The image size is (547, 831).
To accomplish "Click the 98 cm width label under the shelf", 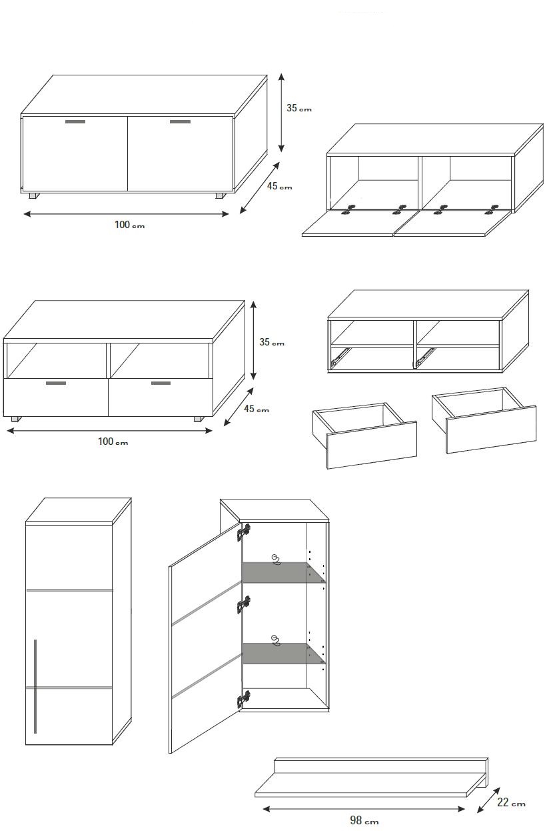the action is click(364, 820).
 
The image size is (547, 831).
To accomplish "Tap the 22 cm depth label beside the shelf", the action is click(511, 802).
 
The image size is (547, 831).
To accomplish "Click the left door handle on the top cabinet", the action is click(75, 121).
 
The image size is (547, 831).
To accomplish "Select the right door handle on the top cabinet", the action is click(180, 121).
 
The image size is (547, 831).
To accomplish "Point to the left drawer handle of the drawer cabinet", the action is click(56, 383).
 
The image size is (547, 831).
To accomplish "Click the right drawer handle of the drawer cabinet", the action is click(161, 383).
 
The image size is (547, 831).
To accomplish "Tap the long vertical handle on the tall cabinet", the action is click(35, 686).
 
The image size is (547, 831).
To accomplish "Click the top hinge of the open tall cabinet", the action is click(244, 532).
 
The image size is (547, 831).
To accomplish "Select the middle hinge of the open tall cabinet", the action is click(244, 605).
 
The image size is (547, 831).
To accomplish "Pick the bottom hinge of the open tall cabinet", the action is click(244, 700).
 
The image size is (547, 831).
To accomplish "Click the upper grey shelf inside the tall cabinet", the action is click(284, 572).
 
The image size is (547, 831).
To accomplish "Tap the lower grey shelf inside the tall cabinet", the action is click(284, 654).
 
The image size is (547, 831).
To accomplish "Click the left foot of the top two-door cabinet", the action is click(35, 195).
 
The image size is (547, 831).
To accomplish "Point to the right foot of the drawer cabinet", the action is click(199, 419).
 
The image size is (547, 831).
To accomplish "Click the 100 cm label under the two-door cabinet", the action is click(129, 225).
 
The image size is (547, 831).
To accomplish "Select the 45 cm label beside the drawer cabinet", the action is click(257, 409).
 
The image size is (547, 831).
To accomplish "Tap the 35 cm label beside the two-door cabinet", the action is click(299, 108).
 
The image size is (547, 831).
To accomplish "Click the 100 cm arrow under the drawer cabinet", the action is click(110, 431).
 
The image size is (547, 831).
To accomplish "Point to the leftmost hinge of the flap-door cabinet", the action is click(348, 209).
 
